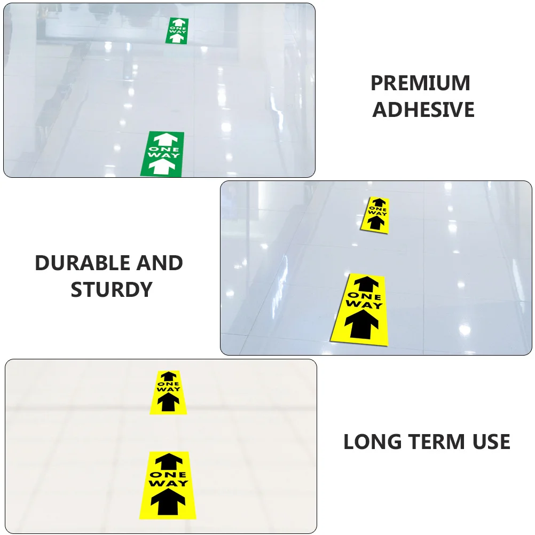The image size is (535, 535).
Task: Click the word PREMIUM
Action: [421, 83]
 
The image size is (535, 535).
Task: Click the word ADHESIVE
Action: [423, 110]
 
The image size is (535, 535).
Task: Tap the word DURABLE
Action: [82, 263]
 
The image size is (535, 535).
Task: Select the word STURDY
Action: [112, 289]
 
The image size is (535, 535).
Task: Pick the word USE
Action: [490, 442]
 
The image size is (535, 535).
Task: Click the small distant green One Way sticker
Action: [178, 31]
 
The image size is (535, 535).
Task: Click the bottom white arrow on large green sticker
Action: [162, 167]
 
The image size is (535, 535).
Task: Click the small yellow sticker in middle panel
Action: [377, 215]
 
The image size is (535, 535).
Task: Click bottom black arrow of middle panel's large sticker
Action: [361, 325]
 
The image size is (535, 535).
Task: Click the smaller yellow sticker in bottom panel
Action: [169, 392]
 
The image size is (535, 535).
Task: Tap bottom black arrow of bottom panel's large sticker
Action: [168, 502]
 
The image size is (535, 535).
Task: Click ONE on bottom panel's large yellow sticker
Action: [168, 474]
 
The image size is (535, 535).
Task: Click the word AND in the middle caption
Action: [160, 263]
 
